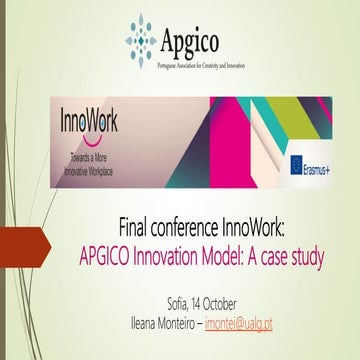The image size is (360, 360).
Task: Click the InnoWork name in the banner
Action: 87,121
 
